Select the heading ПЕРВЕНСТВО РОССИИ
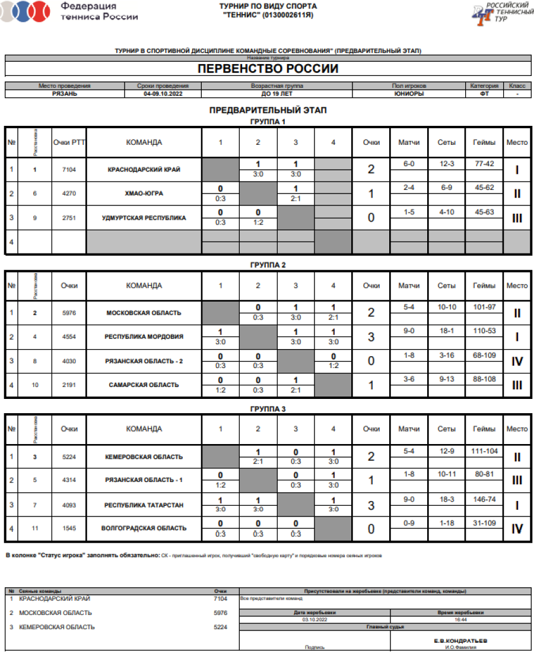268,69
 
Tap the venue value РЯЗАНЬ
64,94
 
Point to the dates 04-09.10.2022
163,94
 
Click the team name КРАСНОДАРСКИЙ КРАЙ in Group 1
144,170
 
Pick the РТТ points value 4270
69,194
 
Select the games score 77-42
484,164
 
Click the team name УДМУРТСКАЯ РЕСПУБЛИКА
144,218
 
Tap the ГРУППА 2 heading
268,265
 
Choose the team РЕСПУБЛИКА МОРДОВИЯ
144,337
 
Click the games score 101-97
484,307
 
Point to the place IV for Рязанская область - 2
516,361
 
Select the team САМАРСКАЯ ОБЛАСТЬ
144,385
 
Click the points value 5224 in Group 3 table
69,457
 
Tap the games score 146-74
484,499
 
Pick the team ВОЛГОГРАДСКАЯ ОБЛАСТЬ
144,528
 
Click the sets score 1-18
446,523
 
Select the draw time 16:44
461,619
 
